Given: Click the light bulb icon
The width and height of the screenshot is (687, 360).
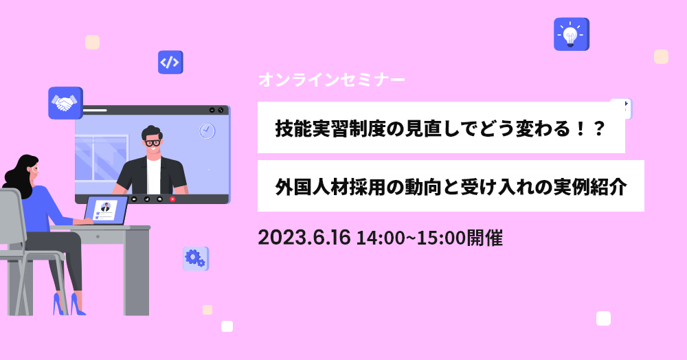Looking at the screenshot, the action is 572,34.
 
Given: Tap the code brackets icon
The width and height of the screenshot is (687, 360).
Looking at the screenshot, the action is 170,63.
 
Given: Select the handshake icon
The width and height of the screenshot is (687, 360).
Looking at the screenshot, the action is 65,103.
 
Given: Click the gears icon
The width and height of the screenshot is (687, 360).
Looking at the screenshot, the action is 195,258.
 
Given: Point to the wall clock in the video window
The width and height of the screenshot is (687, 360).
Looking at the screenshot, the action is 207,131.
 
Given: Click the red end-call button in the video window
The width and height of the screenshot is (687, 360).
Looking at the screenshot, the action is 172,199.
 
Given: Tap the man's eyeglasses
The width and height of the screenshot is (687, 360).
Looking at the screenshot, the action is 153,142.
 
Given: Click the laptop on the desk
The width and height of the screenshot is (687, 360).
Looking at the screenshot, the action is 105,211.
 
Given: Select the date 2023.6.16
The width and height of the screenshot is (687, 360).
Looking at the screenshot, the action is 304,238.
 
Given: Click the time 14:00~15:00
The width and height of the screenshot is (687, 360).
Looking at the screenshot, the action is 411,238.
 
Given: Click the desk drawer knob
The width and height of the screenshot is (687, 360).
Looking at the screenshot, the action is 98,236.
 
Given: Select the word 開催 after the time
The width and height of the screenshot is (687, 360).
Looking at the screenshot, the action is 484,238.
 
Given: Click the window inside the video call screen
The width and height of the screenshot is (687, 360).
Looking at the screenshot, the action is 102,157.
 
